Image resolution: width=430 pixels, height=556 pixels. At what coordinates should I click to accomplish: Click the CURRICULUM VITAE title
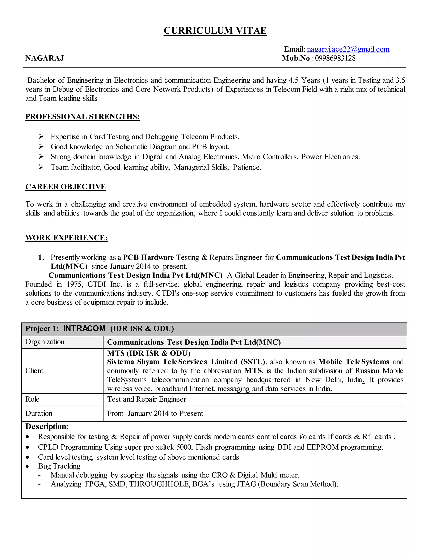point(215,31)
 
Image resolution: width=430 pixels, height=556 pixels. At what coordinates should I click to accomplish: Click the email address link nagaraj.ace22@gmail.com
point(348,49)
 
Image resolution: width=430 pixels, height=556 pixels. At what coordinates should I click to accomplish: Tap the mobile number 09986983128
point(335,58)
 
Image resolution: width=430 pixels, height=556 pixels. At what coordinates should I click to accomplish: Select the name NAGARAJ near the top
point(45,58)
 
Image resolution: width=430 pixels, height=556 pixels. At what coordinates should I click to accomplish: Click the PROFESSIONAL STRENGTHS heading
point(82,117)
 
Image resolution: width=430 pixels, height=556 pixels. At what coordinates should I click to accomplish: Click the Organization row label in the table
point(45,342)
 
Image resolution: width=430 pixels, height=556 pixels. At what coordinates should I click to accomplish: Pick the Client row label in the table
point(34,371)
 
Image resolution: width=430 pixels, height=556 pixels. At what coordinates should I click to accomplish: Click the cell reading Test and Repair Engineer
point(147,399)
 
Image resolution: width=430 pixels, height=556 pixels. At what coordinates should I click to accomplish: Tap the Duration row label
point(39,414)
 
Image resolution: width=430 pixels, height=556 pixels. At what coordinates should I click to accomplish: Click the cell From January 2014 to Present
point(155,414)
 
